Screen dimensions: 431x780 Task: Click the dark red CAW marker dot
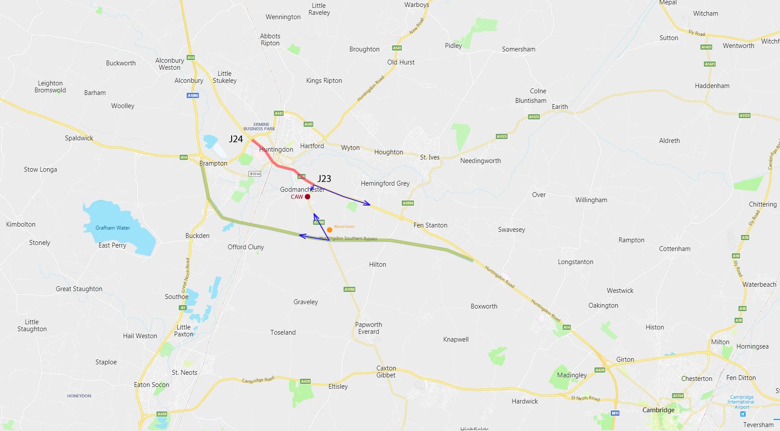click(308, 197)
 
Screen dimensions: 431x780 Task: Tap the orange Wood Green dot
click(329, 230)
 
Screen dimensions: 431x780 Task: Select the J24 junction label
click(236, 139)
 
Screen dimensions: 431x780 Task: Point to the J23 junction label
click(324, 179)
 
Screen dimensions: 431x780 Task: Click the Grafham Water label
click(113, 228)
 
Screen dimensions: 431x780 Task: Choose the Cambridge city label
click(658, 410)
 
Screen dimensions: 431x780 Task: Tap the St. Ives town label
click(430, 157)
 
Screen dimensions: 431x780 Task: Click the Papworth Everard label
click(369, 328)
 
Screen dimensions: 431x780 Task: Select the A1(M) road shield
click(193, 95)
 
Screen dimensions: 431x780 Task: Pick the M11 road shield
click(615, 413)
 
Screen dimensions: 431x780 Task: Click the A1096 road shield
click(408, 203)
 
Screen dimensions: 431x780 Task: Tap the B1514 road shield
click(255, 174)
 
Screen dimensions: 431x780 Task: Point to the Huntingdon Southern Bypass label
click(348, 238)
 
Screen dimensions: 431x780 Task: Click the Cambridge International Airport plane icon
click(742, 414)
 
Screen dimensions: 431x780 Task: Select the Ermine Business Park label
click(260, 127)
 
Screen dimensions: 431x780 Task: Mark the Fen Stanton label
click(430, 225)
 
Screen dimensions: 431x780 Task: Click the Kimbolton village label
click(21, 224)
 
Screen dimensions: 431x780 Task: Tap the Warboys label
click(417, 5)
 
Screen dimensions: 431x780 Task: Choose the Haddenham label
click(712, 86)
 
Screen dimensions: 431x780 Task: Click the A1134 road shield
click(678, 396)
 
